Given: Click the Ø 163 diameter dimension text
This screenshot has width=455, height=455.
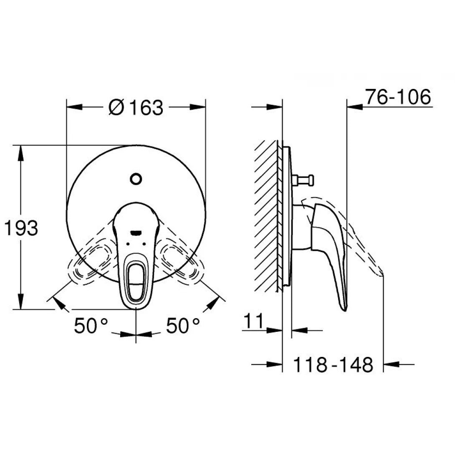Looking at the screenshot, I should pos(136,108).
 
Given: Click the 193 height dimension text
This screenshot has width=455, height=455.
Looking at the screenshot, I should pos(21,228).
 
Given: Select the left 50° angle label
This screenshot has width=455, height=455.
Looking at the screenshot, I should pos(91,326).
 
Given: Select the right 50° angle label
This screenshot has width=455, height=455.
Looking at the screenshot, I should pos(183,326).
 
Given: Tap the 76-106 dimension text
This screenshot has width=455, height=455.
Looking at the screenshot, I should pos(397,98).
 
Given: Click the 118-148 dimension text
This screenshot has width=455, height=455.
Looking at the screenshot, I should pos(333,365).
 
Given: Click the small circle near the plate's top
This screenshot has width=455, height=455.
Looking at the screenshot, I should pos(136,179).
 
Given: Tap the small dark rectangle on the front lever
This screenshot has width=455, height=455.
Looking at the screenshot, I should pos(136,232).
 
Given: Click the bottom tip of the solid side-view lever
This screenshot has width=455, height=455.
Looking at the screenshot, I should pos(344,308).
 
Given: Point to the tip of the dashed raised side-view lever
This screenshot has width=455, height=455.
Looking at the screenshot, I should pos(382,274).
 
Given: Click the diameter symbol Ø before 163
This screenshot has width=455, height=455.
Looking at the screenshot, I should pos(116,108).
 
